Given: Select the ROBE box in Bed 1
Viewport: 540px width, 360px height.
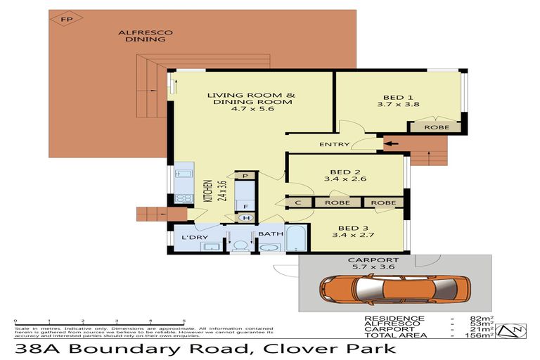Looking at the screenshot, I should [x=435, y=127].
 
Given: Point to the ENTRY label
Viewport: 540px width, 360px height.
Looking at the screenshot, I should [x=334, y=145].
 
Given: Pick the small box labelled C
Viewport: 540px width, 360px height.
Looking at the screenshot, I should [x=299, y=202].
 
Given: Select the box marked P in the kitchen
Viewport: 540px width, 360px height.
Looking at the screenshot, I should [x=246, y=176].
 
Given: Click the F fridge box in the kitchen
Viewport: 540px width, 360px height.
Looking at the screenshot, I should [x=246, y=206].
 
